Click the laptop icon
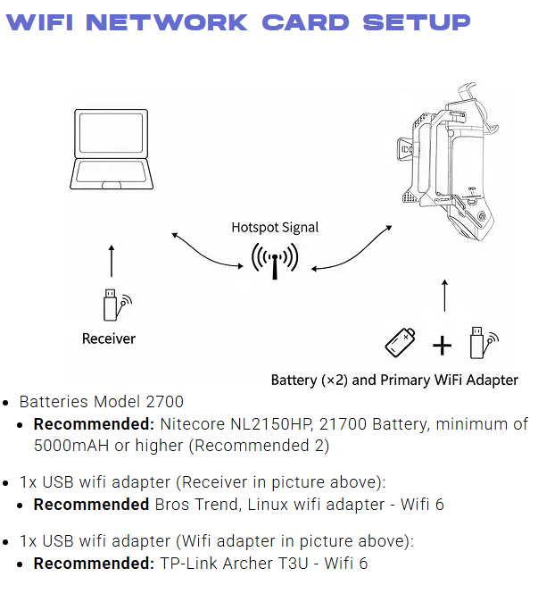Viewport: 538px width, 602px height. coord(112,149)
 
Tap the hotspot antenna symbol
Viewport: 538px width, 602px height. coord(275,261)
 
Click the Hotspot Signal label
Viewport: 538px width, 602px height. coord(275,227)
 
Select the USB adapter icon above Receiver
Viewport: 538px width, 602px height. coord(117,305)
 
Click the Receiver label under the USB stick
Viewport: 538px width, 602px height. coord(109,339)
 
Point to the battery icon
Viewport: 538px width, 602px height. coord(401,342)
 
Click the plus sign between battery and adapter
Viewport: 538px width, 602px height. coord(443,345)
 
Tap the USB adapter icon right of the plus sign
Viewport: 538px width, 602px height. coord(484,342)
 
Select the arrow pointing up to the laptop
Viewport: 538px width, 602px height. coord(112,261)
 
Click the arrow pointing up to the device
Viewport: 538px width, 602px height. coord(445,296)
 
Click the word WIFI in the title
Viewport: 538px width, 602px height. coord(39,22)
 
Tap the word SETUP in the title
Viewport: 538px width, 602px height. coord(417,22)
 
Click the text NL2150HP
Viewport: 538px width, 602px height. coord(271,424)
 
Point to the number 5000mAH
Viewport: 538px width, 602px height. coord(71,446)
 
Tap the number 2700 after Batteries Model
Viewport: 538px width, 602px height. coord(165,402)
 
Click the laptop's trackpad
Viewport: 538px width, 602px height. coord(112,185)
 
